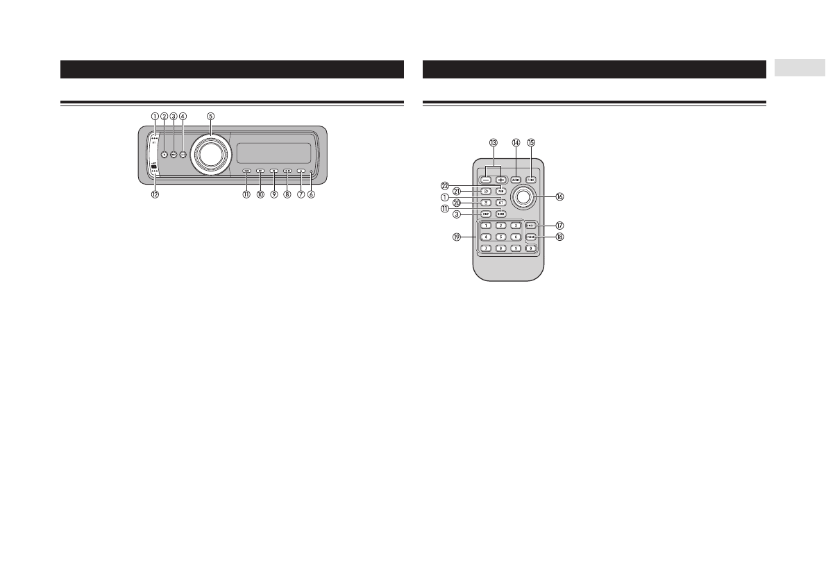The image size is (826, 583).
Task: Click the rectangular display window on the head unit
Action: tap(273, 153)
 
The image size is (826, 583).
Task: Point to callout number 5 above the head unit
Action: tap(210, 116)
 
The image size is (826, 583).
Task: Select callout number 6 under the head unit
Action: tap(312, 195)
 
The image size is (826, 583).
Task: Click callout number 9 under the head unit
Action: tap(274, 195)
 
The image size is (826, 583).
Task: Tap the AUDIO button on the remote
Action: tap(516, 179)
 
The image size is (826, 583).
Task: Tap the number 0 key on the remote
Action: tap(530, 248)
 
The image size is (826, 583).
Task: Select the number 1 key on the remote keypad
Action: tap(487, 226)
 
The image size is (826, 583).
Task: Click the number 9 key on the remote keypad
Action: tap(516, 248)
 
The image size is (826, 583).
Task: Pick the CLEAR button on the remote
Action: tap(530, 237)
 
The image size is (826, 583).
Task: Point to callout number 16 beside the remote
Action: tap(559, 196)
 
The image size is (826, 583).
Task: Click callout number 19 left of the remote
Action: tap(457, 237)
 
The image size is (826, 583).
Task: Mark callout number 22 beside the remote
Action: tap(446, 185)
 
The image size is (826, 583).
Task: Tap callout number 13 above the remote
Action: tap(493, 143)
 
